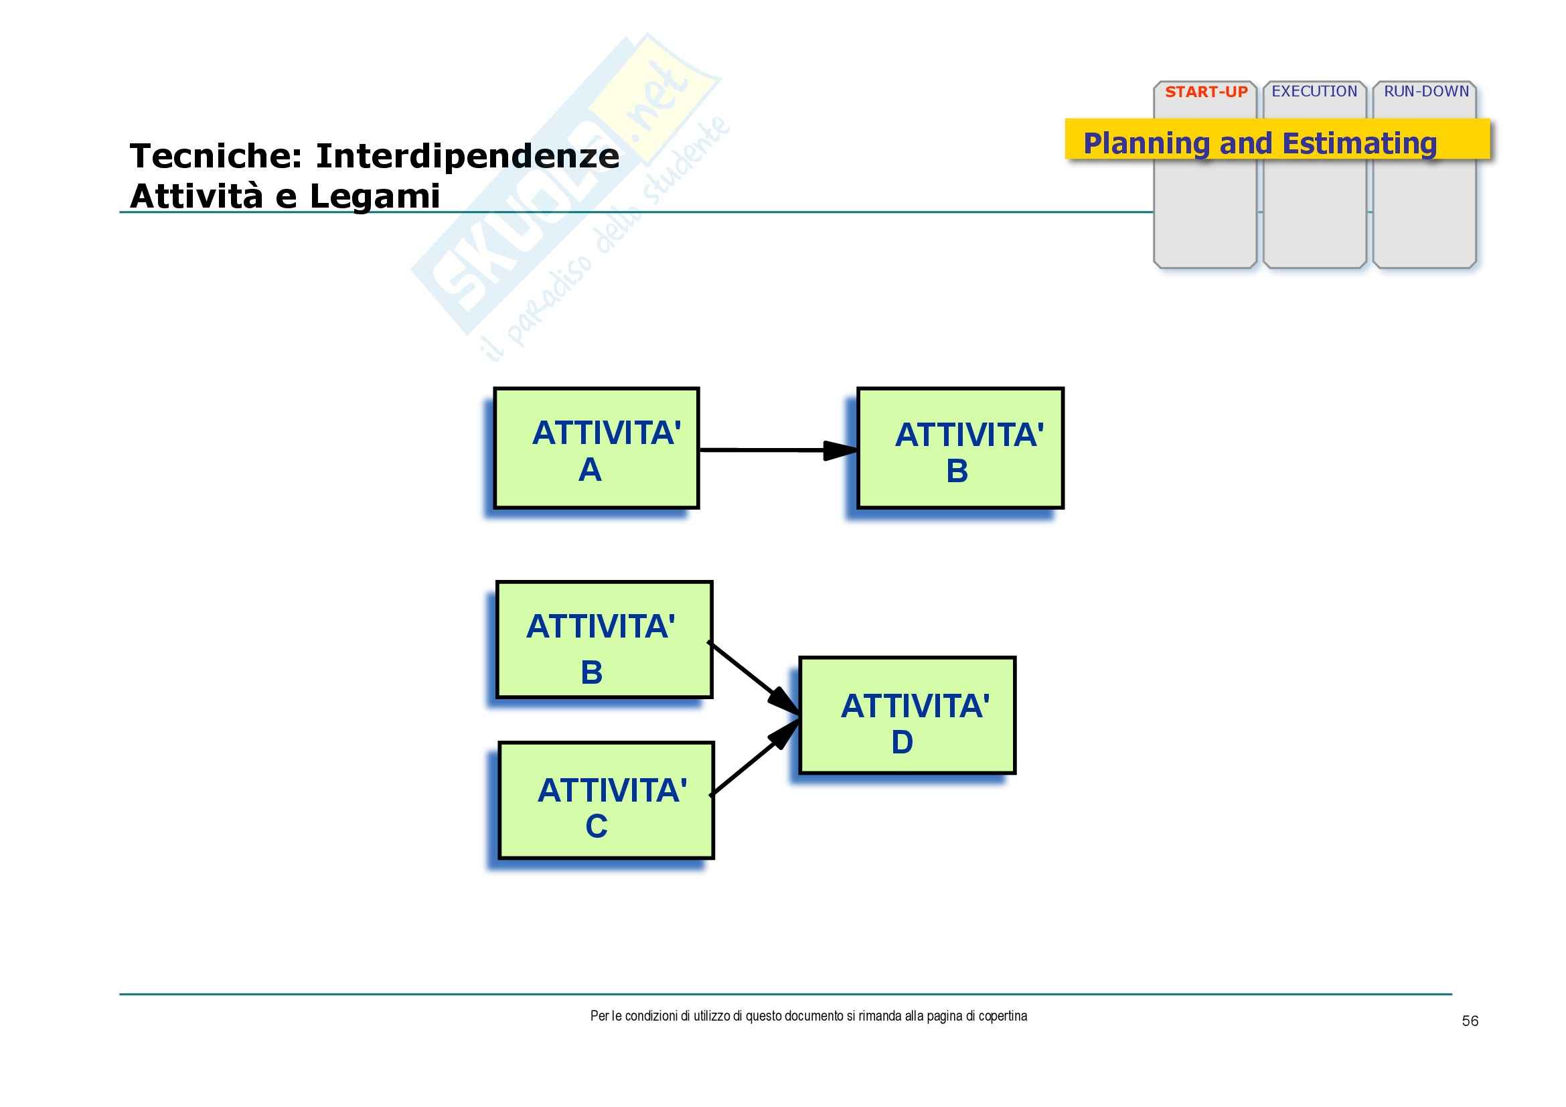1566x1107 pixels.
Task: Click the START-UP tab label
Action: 1206,92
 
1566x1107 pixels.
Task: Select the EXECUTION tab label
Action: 1314,91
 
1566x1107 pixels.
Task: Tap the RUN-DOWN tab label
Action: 1426,91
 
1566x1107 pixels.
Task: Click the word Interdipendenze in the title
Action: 468,155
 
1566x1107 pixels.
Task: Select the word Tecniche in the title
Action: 216,155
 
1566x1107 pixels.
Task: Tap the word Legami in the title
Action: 375,196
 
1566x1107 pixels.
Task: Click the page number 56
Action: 1470,1021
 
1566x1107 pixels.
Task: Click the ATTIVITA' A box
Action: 597,448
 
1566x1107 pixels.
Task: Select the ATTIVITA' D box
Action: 907,715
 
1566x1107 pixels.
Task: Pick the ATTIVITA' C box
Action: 607,800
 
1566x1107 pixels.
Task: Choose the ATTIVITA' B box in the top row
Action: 960,448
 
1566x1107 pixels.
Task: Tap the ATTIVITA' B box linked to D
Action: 605,640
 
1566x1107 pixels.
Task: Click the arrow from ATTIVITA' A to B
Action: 778,450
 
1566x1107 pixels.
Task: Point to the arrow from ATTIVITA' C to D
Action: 755,757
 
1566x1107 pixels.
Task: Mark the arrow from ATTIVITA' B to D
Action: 754,678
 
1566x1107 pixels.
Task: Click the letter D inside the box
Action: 902,742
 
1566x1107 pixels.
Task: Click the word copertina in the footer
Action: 1003,1017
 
